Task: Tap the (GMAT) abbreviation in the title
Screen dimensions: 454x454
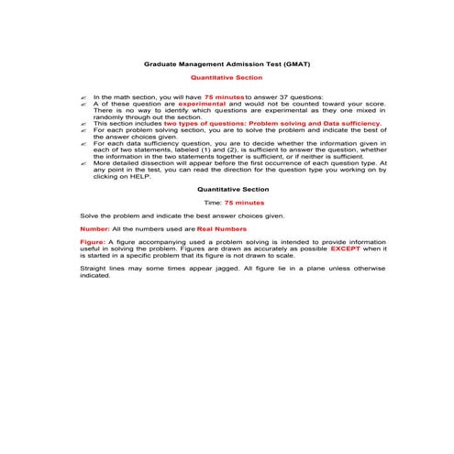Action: [x=292, y=66]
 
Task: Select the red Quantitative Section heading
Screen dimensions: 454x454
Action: [x=227, y=79]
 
